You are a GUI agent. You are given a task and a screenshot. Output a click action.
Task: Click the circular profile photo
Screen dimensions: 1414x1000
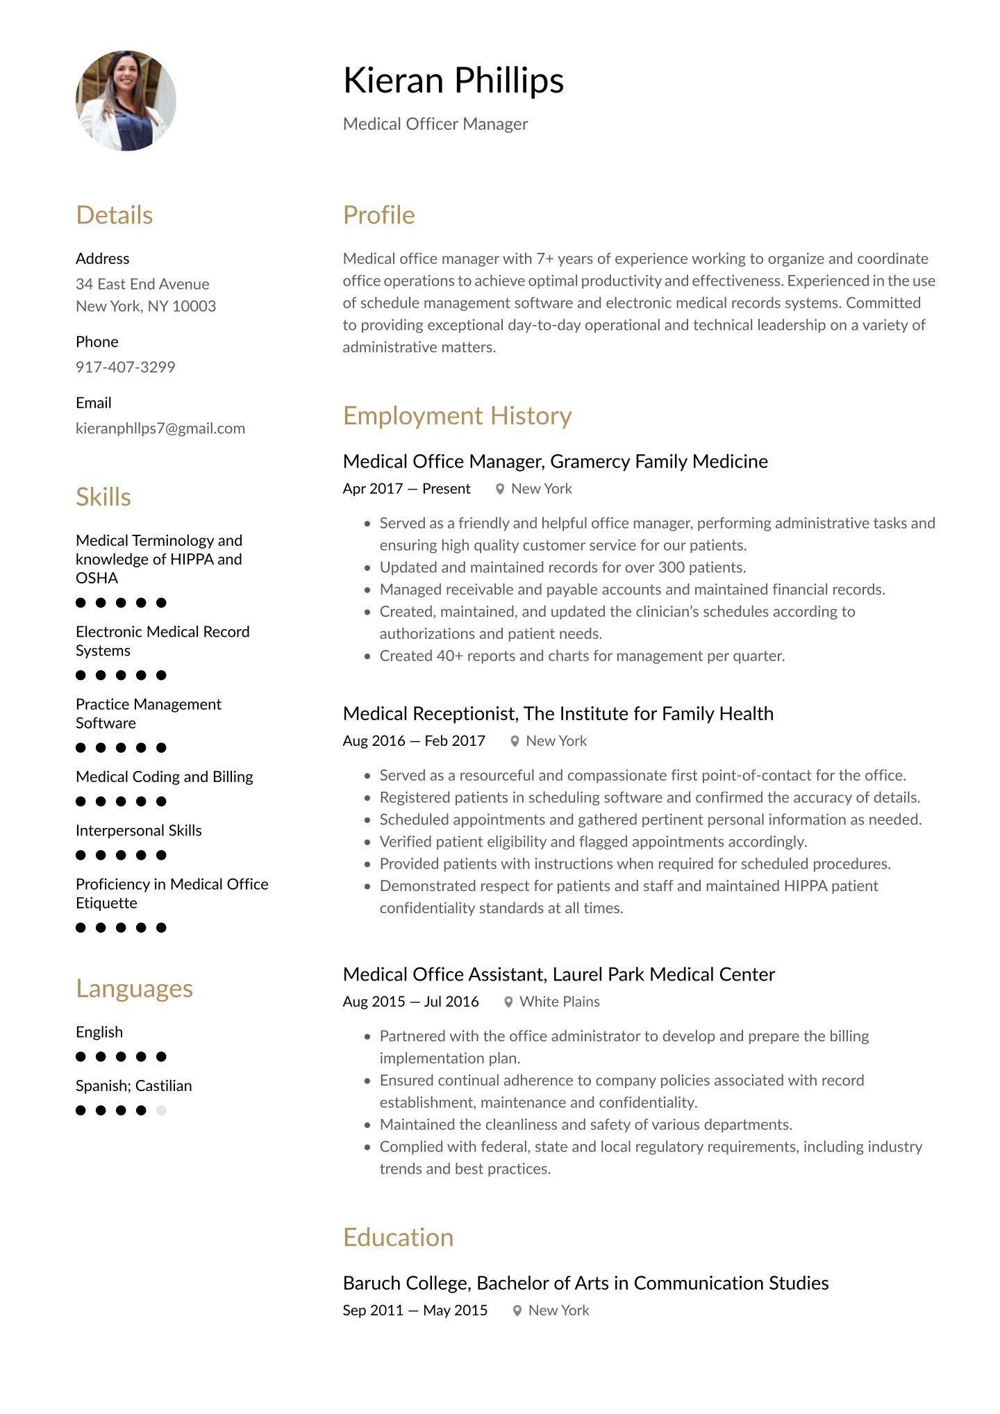126,101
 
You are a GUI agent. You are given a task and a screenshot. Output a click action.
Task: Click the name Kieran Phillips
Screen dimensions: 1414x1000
453,81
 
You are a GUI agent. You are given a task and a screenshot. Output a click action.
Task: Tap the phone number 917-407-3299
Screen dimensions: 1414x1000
125,367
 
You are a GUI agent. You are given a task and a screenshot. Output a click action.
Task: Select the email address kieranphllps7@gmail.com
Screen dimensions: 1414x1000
160,428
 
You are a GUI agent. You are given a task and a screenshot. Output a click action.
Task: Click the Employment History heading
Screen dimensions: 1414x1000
457,415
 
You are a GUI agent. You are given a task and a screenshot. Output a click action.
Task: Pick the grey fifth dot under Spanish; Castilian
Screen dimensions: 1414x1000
161,1110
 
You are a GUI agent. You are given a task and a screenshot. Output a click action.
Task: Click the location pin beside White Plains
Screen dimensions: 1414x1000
508,1001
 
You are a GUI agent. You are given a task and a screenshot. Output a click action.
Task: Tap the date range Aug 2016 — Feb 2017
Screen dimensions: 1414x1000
414,741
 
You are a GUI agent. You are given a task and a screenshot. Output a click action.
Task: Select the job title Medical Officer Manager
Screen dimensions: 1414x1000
435,124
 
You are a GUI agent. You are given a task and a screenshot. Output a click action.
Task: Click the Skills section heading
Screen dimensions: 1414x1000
103,497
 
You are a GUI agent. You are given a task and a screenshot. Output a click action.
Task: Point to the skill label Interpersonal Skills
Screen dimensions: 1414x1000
138,831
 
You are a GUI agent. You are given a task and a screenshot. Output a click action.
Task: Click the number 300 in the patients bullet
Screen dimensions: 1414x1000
672,567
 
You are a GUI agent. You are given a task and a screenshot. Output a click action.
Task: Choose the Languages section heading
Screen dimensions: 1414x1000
134,988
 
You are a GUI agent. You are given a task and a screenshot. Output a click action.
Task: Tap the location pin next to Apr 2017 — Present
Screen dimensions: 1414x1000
500,489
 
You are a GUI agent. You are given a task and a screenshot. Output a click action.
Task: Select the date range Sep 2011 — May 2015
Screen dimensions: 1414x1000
415,1311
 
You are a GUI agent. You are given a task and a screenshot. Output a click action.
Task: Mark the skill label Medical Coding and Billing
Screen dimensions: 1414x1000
164,776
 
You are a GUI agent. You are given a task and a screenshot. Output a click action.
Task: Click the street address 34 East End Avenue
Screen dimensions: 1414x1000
142,284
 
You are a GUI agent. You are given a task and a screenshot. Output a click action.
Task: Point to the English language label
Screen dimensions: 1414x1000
99,1032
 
